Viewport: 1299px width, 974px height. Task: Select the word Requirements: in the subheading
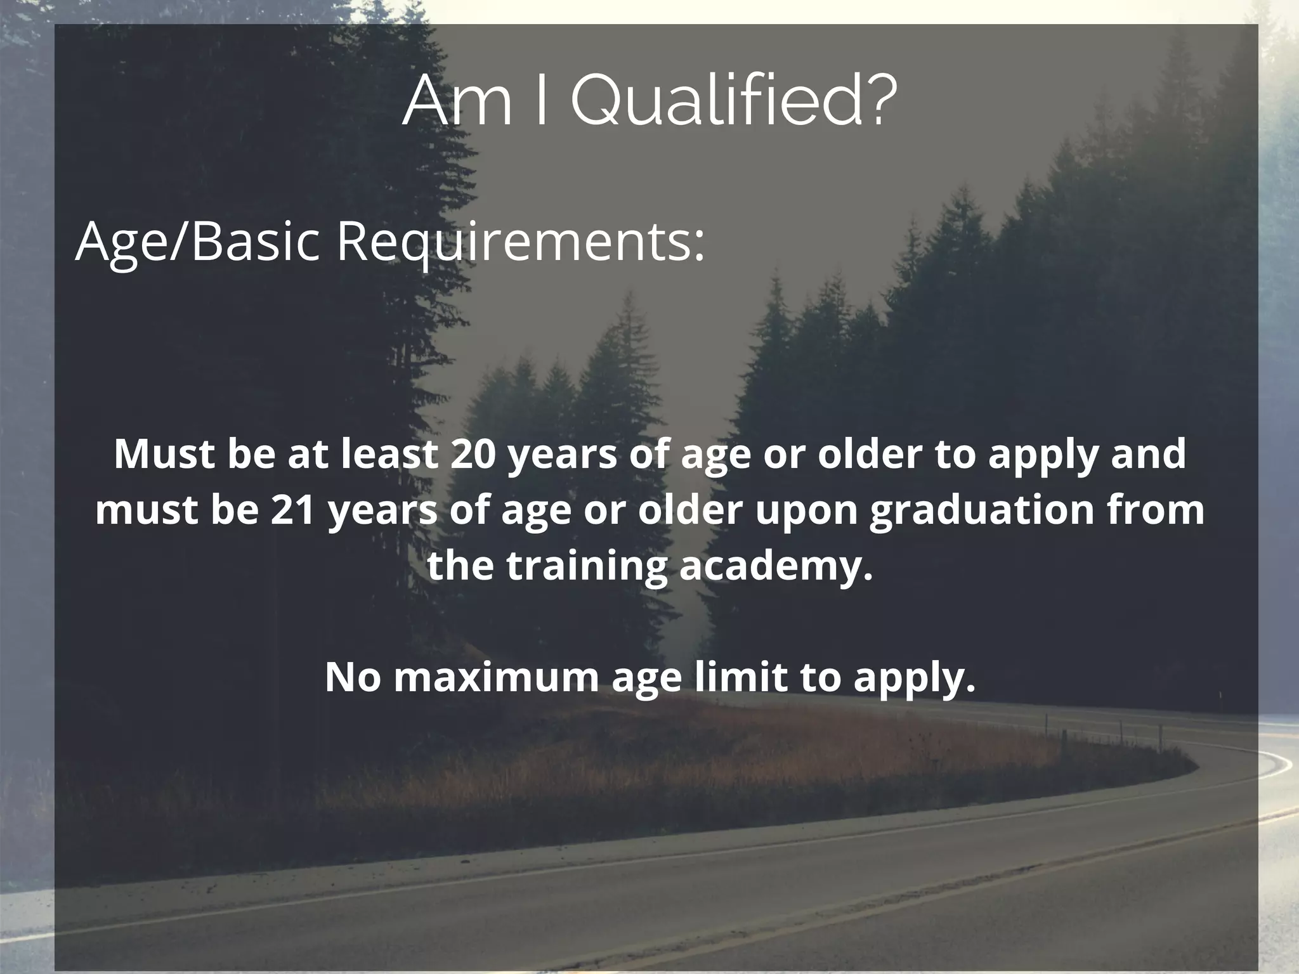pyautogui.click(x=520, y=243)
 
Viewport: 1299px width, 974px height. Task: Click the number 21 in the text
pyautogui.click(x=293, y=510)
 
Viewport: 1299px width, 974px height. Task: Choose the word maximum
pyautogui.click(x=496, y=677)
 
